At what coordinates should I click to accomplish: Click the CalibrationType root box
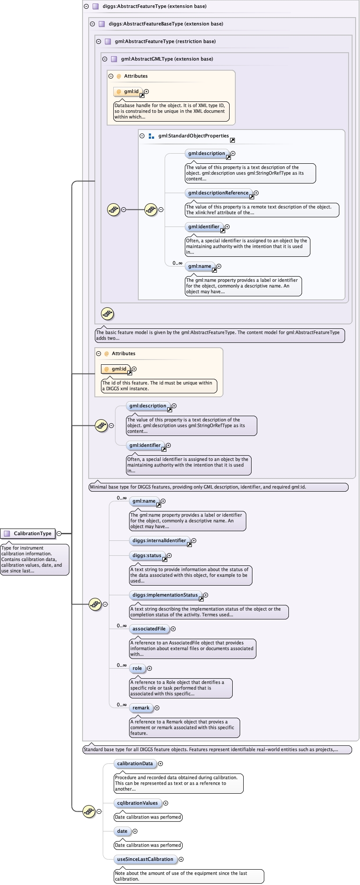point(28,534)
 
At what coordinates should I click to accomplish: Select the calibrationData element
point(135,764)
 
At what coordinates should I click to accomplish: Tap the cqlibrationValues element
point(137,803)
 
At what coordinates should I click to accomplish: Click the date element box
point(122,831)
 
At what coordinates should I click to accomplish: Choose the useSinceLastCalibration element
point(145,860)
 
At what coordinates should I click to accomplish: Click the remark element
point(141,708)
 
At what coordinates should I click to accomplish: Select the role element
point(137,669)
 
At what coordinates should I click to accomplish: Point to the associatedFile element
point(149,629)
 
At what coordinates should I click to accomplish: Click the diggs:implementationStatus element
point(165,595)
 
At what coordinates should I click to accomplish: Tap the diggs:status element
point(147,556)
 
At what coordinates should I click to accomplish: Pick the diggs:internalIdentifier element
point(159,541)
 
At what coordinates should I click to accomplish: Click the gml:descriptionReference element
point(218,193)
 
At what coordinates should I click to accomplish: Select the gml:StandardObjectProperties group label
point(194,136)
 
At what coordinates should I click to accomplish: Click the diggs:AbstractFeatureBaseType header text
point(166,24)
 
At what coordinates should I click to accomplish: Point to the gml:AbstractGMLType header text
point(167,59)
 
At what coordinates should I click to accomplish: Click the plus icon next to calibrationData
point(161,764)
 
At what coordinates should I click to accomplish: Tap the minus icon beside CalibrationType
point(59,534)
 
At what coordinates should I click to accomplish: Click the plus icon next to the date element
point(135,831)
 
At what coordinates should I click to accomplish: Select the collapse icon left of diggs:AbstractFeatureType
point(86,7)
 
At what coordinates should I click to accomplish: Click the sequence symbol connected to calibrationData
point(89,812)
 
